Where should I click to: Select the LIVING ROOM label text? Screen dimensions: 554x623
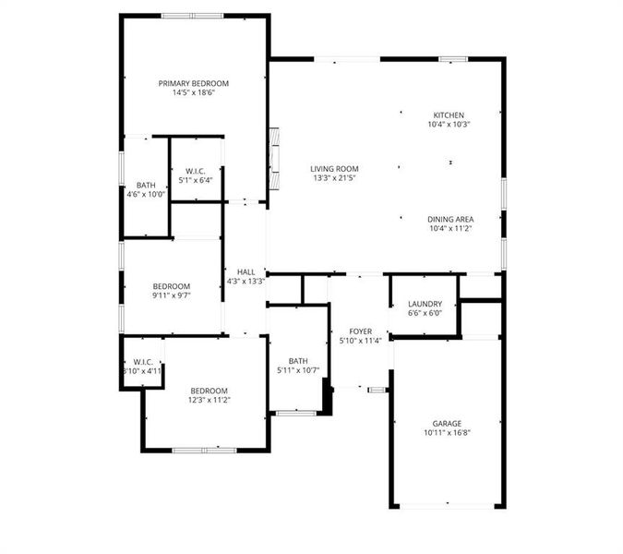334,169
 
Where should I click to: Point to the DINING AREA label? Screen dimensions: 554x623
449,219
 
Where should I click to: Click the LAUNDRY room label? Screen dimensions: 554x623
425,304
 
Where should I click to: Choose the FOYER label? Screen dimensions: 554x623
360,331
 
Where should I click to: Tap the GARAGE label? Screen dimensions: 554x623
447,424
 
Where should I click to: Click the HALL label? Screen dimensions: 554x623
246,271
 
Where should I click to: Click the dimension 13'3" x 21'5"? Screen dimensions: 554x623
334,178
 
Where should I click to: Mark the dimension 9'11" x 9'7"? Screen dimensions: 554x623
171,295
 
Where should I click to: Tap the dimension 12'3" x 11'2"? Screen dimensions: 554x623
209,400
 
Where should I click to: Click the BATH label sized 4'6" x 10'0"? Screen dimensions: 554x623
146,185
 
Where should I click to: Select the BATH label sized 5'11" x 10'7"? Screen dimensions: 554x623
297,361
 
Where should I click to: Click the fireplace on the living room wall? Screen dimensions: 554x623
273,151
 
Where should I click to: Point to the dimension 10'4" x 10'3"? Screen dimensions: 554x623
449,125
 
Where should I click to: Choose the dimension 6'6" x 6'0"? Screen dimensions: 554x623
425,313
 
